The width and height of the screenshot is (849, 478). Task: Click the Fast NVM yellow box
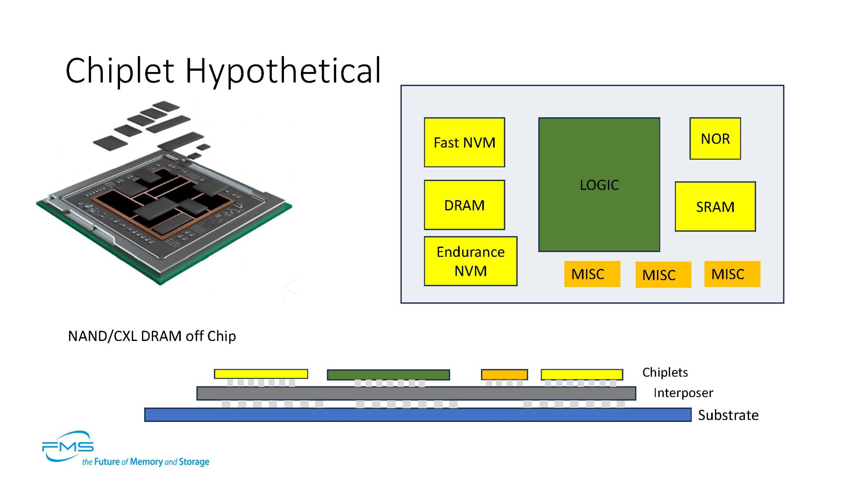pyautogui.click(x=464, y=142)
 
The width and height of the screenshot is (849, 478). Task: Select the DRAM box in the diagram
pyautogui.click(x=464, y=205)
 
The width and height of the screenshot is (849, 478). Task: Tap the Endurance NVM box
pyautogui.click(x=470, y=261)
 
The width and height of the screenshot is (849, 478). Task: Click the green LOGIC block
pyautogui.click(x=599, y=185)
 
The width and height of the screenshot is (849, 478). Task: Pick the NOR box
pyautogui.click(x=715, y=138)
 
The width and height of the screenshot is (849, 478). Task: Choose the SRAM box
pyautogui.click(x=715, y=206)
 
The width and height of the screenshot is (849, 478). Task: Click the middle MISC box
pyautogui.click(x=663, y=275)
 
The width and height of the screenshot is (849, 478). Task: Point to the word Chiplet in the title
pyautogui.click(x=120, y=70)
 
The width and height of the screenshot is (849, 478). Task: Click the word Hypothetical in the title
pyautogui.click(x=283, y=70)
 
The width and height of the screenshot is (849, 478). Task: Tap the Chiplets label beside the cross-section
pyautogui.click(x=665, y=372)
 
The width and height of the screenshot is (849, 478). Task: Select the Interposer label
pyautogui.click(x=683, y=393)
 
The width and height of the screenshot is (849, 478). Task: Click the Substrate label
pyautogui.click(x=728, y=415)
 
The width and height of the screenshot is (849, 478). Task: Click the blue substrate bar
pyautogui.click(x=418, y=415)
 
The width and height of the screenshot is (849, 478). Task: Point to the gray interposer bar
pyautogui.click(x=416, y=393)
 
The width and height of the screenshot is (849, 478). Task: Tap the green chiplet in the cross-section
pyautogui.click(x=388, y=375)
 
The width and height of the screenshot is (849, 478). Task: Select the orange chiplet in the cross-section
pyautogui.click(x=504, y=374)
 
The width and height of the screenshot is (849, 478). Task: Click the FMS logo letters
pyautogui.click(x=68, y=447)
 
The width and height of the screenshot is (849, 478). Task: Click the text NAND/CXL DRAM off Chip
pyautogui.click(x=152, y=336)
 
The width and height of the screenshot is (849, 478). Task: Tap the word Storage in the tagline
pyautogui.click(x=194, y=462)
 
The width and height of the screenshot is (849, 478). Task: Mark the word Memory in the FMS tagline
pyautogui.click(x=146, y=462)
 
